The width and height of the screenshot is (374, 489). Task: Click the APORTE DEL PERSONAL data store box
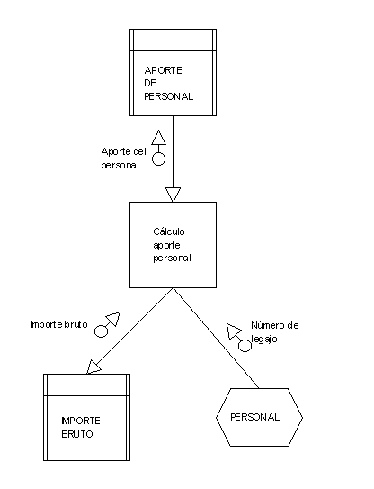coord(173,72)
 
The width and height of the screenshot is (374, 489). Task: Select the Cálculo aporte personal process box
coord(173,245)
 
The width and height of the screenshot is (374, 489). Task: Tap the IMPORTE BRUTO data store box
coord(86,417)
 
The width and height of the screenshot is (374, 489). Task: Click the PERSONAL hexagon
coord(259,417)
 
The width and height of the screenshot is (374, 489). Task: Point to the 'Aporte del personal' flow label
coord(124,158)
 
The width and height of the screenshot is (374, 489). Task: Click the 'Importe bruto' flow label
coord(59,324)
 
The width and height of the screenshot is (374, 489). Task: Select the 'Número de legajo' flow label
coord(275,332)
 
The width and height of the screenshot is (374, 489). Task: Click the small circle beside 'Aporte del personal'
coord(158,158)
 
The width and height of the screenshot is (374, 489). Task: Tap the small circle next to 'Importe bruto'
coord(101,331)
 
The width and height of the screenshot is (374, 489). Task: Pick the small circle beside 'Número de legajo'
coord(245,346)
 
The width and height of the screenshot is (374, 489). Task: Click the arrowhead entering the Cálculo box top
coord(173,195)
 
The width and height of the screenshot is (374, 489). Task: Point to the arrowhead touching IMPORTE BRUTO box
coord(93,367)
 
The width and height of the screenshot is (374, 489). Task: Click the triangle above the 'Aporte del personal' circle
coord(158,138)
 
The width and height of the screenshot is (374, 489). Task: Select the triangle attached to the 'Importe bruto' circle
coord(114,319)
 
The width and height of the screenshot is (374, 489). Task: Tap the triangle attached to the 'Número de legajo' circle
coord(233,331)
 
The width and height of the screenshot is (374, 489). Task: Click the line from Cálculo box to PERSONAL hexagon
coord(216,338)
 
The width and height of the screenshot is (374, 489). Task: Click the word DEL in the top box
coord(152,83)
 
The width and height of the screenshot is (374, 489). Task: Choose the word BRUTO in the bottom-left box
coord(77,434)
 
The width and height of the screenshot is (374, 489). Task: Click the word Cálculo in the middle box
coord(169,231)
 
